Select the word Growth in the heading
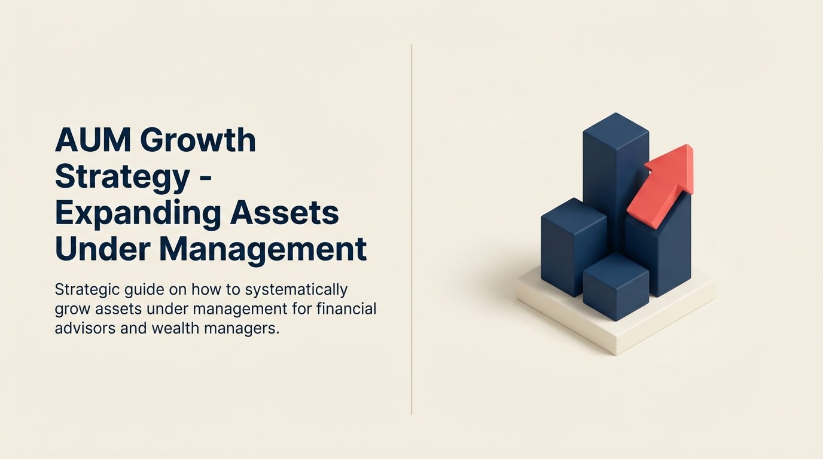[198, 140]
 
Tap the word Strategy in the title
[123, 178]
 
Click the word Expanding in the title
[138, 214]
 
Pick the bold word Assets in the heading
[284, 213]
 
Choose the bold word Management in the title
[263, 250]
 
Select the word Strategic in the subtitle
[87, 290]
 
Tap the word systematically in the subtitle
[296, 290]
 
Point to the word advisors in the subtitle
[86, 328]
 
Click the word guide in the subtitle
[144, 290]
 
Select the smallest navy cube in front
[616, 286]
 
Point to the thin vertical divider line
[411, 229]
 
